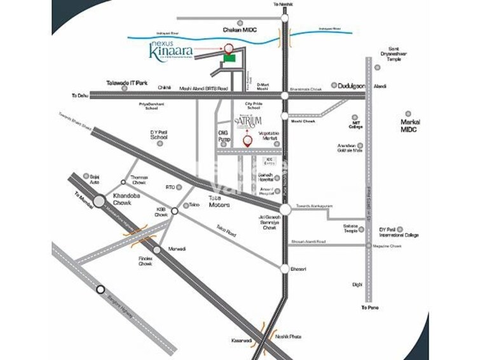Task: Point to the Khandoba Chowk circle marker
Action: (x=100, y=202)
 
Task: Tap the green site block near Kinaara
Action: (x=228, y=58)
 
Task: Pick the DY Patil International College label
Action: (x=399, y=232)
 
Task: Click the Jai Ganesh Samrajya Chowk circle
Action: (x=285, y=209)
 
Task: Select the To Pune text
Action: (x=370, y=308)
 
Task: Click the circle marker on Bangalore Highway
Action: (x=100, y=289)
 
